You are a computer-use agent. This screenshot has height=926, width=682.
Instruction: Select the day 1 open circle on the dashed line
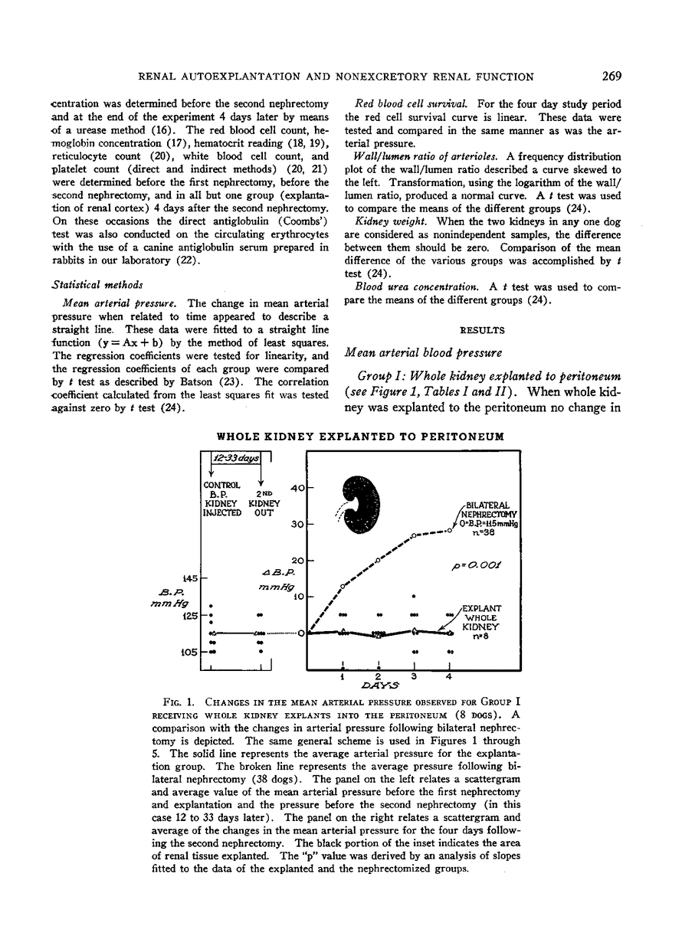[343, 587]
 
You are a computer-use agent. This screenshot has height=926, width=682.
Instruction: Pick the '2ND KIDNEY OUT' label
[262, 503]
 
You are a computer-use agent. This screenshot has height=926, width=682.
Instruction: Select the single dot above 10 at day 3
[414, 596]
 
